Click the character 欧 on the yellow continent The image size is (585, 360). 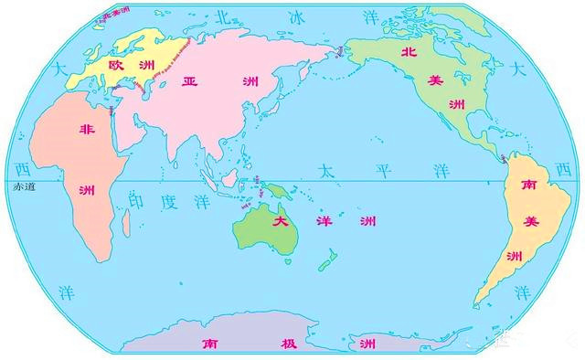(x=117, y=66)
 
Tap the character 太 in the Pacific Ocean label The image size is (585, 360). (x=326, y=171)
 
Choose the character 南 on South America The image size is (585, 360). (x=527, y=185)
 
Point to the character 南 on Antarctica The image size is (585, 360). (x=208, y=344)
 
